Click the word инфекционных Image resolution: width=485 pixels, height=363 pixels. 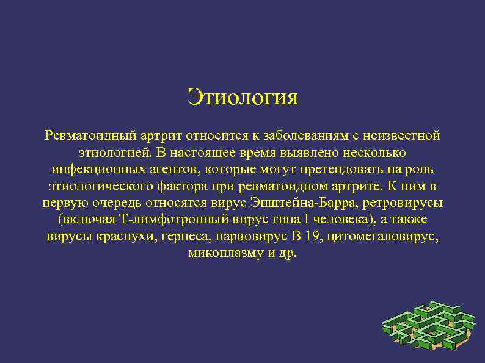[x=89, y=168]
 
